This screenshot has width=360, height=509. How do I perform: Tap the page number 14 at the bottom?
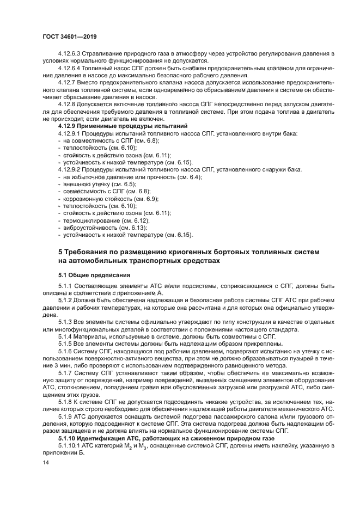tap(46, 463)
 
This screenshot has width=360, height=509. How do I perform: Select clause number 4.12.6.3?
tap(70, 53)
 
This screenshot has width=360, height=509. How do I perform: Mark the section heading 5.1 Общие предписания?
tap(94, 275)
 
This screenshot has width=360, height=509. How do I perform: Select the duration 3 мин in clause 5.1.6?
tap(57, 366)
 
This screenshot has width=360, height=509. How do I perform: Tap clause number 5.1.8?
tap(66, 401)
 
